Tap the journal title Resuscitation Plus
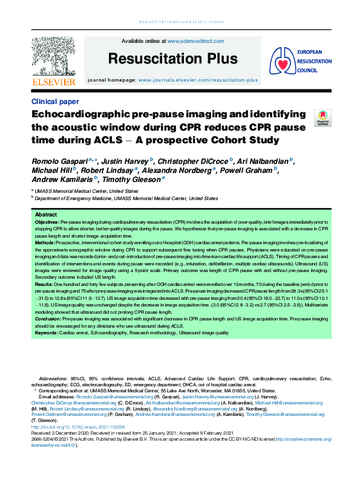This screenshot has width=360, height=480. [x=172, y=59]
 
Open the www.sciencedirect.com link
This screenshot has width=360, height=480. [x=195, y=41]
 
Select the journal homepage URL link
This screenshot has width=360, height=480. [x=198, y=80]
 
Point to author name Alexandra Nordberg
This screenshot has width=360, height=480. [x=181, y=170]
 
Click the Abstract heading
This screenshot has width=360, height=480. [x=46, y=215]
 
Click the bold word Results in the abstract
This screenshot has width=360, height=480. [x=44, y=282]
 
